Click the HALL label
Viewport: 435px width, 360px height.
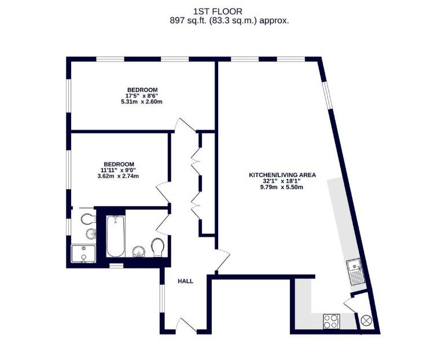[x=185, y=281]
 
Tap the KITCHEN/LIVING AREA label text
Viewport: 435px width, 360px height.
[x=282, y=175]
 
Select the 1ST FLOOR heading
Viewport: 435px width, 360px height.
[x=217, y=12]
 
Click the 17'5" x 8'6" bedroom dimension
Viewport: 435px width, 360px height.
[x=142, y=95]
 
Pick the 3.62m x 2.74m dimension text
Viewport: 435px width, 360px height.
[x=118, y=176]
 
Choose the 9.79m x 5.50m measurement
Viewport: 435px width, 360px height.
[x=281, y=187]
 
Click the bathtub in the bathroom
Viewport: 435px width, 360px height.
[x=116, y=236]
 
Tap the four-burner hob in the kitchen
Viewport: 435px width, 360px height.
[x=331, y=321]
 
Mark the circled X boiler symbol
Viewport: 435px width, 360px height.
[x=366, y=320]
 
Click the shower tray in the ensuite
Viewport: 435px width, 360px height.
[x=83, y=254]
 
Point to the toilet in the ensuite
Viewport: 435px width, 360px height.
[x=89, y=219]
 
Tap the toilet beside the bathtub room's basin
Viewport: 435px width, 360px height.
[x=157, y=247]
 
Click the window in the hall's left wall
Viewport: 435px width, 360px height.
[x=162, y=299]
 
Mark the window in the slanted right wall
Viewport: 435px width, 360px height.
[x=326, y=95]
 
